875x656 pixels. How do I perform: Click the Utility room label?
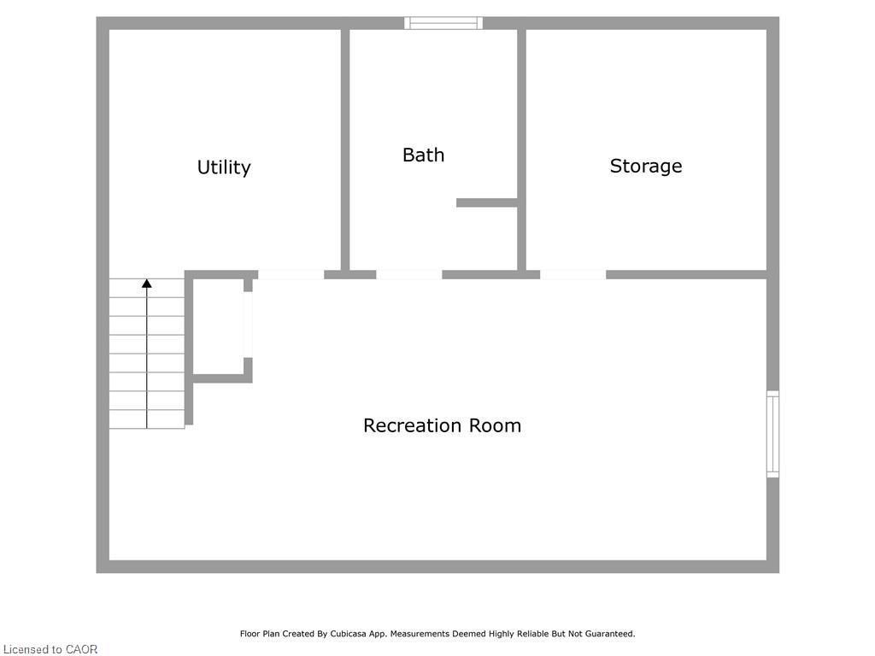click(224, 167)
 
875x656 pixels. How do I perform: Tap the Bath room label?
click(424, 155)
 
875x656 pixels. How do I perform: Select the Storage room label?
click(646, 166)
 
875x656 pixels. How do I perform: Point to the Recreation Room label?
click(442, 425)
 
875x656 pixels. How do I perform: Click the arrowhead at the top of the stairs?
click(147, 284)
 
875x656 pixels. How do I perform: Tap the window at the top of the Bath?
click(443, 23)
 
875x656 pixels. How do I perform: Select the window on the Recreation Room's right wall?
click(772, 434)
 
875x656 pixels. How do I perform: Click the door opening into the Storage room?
click(573, 274)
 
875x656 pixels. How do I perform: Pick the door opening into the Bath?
click(409, 274)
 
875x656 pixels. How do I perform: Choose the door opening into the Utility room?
click(291, 274)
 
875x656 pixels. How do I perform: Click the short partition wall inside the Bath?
click(487, 202)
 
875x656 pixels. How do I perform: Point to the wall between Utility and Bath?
click(345, 149)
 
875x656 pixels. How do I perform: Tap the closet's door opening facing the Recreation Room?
click(248, 325)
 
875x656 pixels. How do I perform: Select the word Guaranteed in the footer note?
click(606, 634)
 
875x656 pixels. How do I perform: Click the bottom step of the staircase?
click(147, 419)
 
